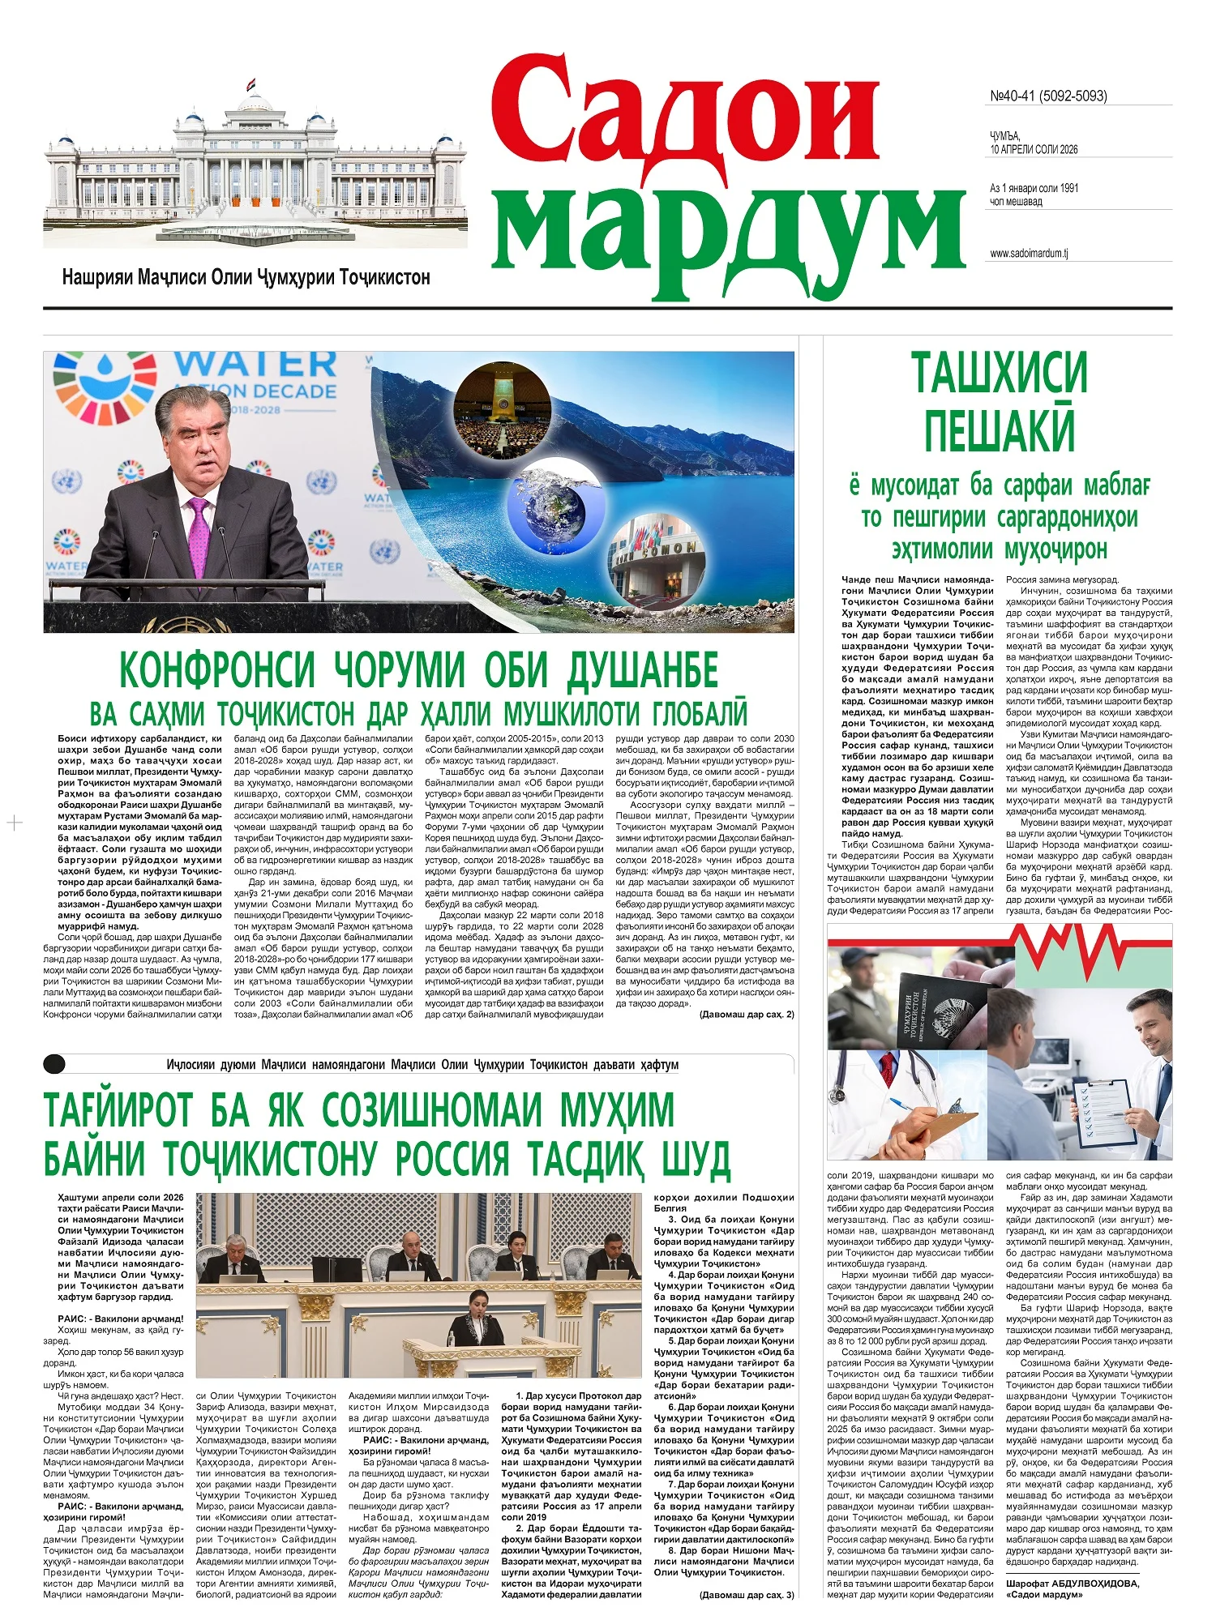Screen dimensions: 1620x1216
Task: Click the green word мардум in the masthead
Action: coord(728,228)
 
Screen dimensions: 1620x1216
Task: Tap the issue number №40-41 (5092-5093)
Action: coord(1048,96)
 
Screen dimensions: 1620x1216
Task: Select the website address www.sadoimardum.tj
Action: coord(1029,254)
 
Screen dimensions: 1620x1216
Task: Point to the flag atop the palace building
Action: coord(253,83)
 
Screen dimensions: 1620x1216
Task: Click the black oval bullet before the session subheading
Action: coord(54,1064)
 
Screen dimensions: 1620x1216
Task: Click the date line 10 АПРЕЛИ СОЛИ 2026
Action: coord(1034,150)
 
